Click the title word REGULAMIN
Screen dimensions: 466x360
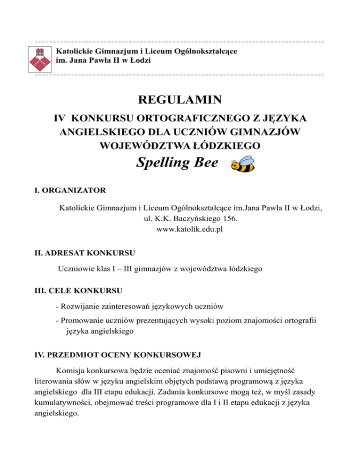click(180, 100)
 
